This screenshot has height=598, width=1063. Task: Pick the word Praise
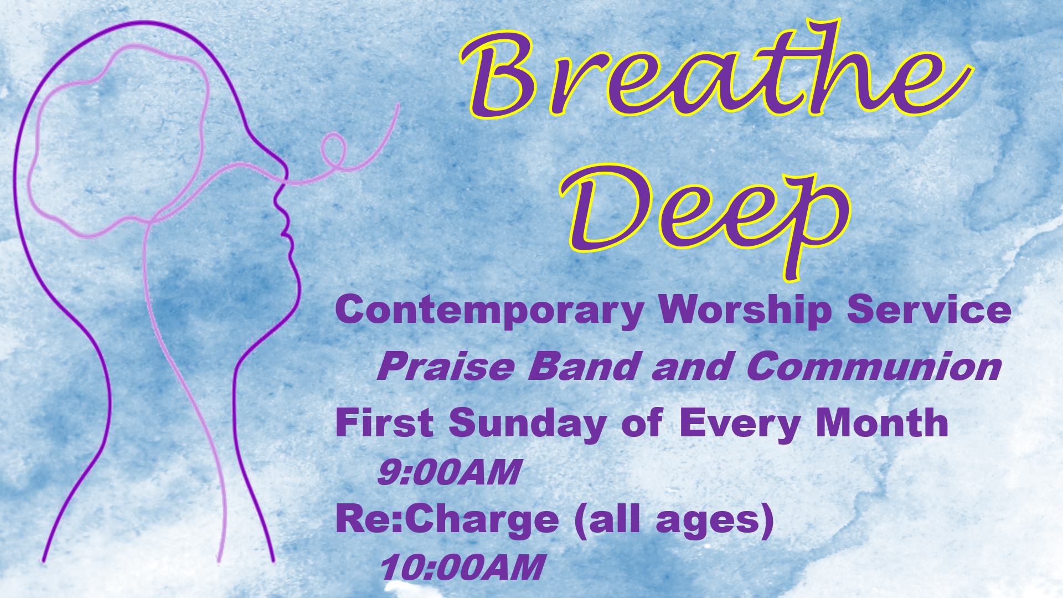point(446,366)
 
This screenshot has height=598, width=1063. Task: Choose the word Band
point(584,366)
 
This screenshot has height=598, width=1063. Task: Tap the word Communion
point(874,366)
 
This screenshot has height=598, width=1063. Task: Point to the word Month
point(882,423)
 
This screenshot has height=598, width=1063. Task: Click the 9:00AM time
point(449,472)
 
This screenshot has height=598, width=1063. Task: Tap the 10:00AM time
point(462,568)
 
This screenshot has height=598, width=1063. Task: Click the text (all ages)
point(674,520)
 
